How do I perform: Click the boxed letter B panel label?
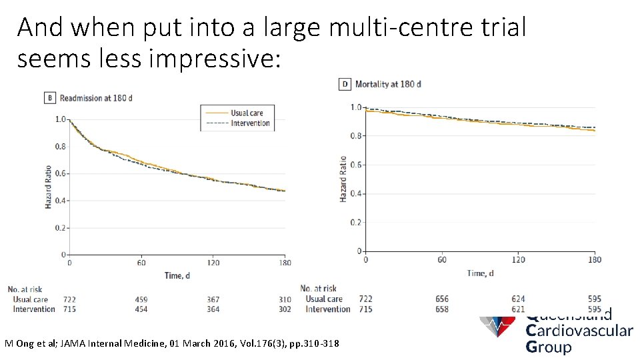click(50, 98)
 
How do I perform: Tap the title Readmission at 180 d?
click(96, 98)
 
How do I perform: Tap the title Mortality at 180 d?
click(388, 84)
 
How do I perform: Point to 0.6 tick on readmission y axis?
click(61, 173)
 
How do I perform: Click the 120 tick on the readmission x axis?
click(213, 263)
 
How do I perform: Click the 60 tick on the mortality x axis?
click(441, 260)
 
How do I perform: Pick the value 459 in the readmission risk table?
click(141, 300)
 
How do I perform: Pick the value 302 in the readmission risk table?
click(285, 309)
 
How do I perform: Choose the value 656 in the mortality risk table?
click(441, 299)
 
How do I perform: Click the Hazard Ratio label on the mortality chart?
click(343, 179)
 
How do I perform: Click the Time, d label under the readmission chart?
click(177, 275)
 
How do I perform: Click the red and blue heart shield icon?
click(497, 325)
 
